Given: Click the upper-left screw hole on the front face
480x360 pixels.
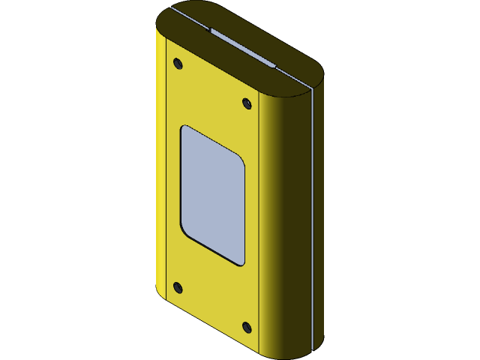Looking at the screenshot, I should (x=178, y=63).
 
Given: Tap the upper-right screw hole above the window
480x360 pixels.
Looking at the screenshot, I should (x=247, y=103).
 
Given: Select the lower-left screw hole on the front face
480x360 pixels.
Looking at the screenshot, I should (x=178, y=287).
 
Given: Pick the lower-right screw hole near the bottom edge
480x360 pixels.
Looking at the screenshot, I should (x=247, y=327).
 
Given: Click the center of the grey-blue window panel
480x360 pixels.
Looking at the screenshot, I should (x=213, y=195).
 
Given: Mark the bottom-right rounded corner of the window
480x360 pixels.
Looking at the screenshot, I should (x=240, y=260).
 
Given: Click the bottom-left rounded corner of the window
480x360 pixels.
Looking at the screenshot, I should (x=185, y=227).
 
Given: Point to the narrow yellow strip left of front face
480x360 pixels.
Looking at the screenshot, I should (x=160, y=172).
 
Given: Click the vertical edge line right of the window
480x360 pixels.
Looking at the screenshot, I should (x=259, y=225).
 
